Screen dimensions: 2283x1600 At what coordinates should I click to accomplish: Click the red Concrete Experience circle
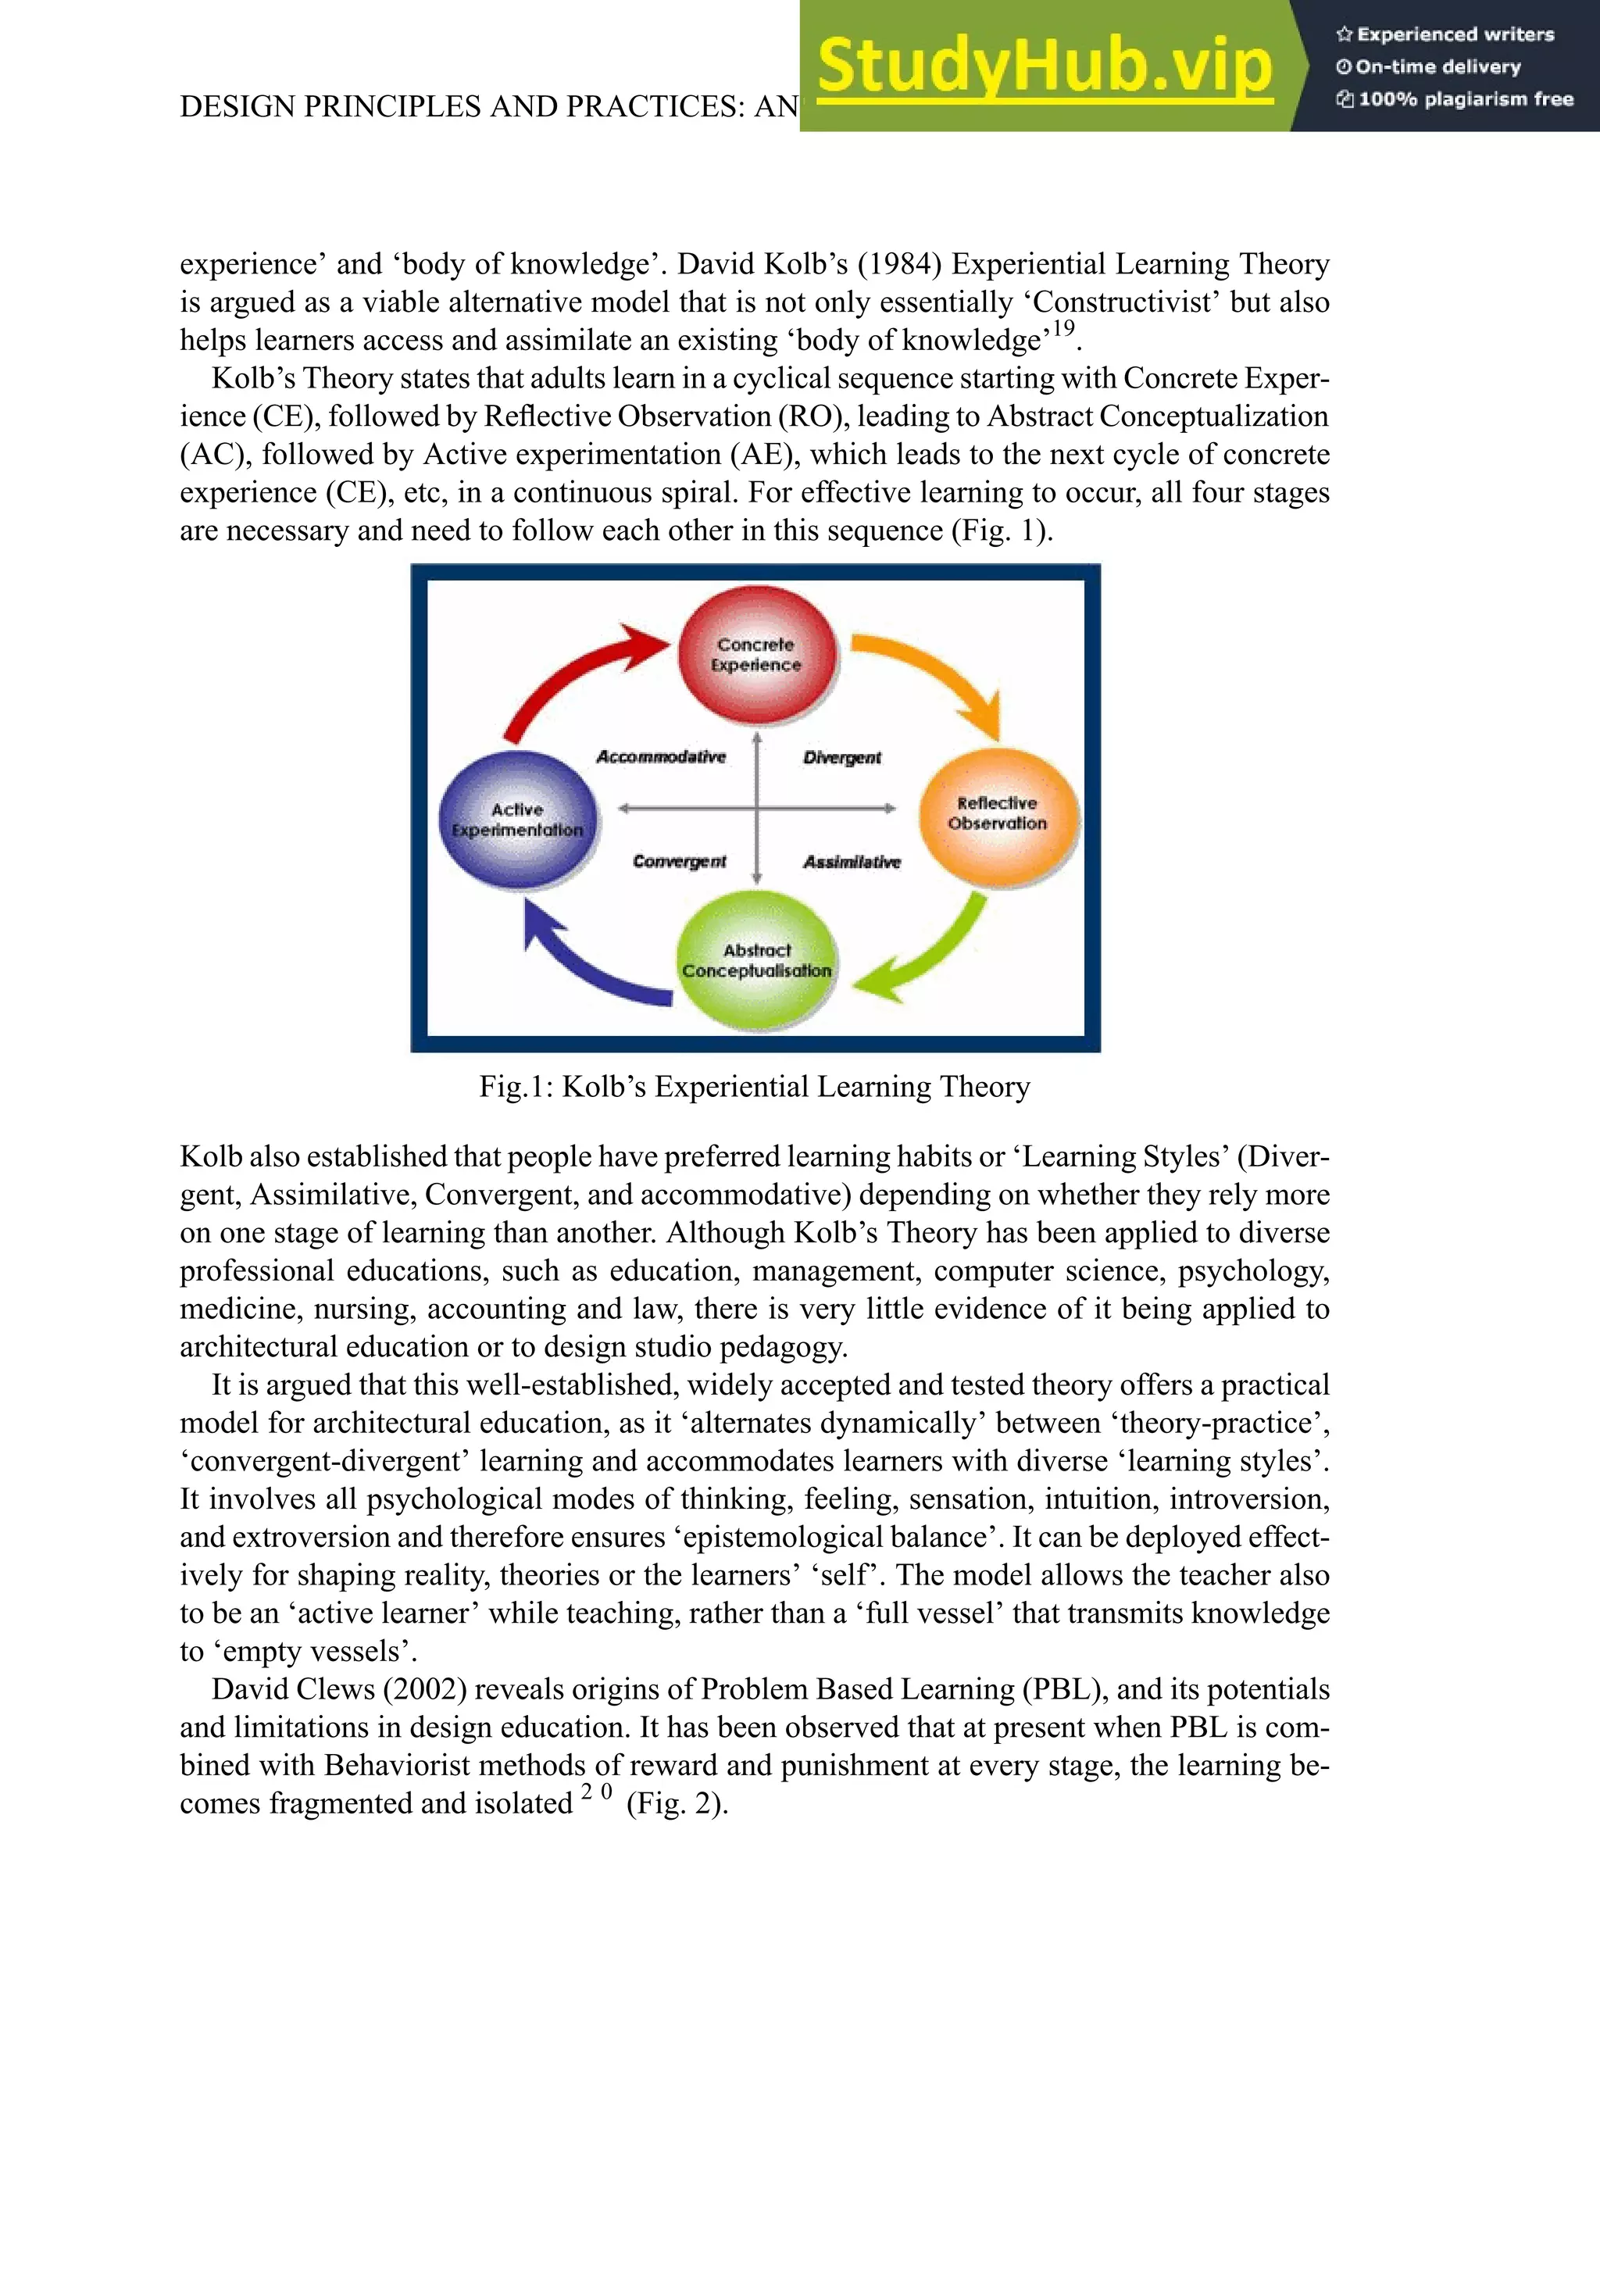(x=757, y=653)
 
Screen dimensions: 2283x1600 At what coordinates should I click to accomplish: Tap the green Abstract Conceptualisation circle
(x=757, y=959)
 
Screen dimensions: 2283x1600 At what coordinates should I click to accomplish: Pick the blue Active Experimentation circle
(x=518, y=820)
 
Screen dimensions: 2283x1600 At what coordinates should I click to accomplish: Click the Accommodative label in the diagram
(x=661, y=756)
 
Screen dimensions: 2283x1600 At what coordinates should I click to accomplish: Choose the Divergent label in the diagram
(x=842, y=758)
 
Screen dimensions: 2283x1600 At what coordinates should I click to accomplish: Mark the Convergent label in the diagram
(x=679, y=861)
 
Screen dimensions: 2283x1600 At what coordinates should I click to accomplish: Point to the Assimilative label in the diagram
(x=852, y=862)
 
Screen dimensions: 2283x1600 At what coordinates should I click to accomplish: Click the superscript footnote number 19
(x=1064, y=329)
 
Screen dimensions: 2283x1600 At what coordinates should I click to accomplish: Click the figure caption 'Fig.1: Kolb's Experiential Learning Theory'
(x=755, y=1087)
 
